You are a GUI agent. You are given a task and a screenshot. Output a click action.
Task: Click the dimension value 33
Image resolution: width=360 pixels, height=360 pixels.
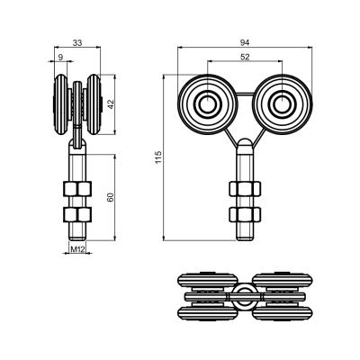point(77,43)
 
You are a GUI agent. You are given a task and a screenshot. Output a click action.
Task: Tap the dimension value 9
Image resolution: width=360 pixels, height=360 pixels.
point(60,57)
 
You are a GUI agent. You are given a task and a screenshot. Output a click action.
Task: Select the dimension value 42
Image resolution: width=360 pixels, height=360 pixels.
point(111,104)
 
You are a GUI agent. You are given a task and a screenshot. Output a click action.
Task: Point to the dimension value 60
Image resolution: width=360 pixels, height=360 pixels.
point(111,197)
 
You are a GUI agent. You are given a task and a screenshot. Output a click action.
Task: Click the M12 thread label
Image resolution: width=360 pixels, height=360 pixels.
point(77,248)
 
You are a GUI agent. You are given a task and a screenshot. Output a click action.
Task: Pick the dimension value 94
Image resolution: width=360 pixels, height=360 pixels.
point(245,43)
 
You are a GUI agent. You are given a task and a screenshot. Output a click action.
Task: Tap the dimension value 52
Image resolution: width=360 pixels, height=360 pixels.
point(245,57)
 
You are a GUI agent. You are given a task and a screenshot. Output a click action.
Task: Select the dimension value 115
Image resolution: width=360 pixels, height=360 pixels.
point(158,157)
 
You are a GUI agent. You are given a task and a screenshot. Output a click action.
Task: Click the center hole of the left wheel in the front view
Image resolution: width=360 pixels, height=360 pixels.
point(208,103)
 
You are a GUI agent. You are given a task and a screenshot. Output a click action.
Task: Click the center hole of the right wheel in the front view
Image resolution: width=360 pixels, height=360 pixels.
point(283,103)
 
